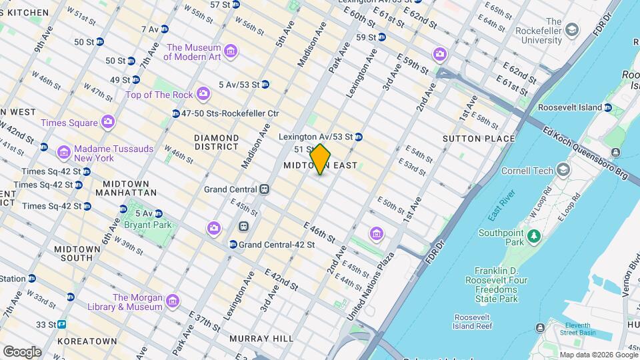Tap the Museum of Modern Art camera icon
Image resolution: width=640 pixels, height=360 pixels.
pyautogui.click(x=231, y=52)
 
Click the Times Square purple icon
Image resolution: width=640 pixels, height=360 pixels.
pyautogui.click(x=108, y=122)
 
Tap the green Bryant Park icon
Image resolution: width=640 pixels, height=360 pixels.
pyautogui.click(x=128, y=214)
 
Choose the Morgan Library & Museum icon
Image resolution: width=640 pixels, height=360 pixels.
pyautogui.click(x=173, y=301)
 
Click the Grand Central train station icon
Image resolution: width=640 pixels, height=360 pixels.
pyautogui.click(x=265, y=189)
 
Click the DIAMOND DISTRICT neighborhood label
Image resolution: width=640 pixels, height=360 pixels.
pyautogui.click(x=216, y=142)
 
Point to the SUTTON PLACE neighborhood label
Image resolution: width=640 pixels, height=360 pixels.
pyautogui.click(x=479, y=139)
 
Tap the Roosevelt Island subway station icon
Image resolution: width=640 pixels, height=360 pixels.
pyautogui.click(x=607, y=107)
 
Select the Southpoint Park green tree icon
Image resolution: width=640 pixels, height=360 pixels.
pyautogui.click(x=533, y=235)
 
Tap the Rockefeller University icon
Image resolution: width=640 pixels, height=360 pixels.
pyautogui.click(x=572, y=31)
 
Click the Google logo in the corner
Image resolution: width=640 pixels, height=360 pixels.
pyautogui.click(x=22, y=351)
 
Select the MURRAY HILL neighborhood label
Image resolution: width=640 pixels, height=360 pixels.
pyautogui.click(x=261, y=339)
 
